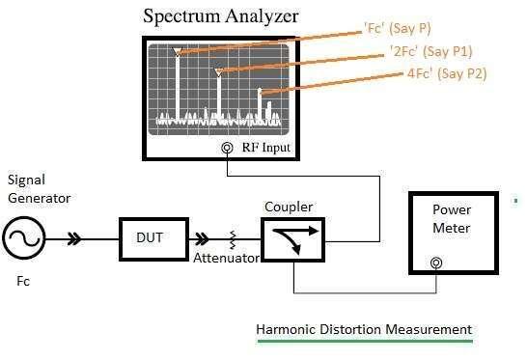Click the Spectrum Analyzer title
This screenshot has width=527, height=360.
tap(221, 16)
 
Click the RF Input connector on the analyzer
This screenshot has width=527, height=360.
tap(227, 149)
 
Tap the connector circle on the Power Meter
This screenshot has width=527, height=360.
tap(437, 263)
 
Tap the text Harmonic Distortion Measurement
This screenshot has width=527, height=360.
tap(364, 329)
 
